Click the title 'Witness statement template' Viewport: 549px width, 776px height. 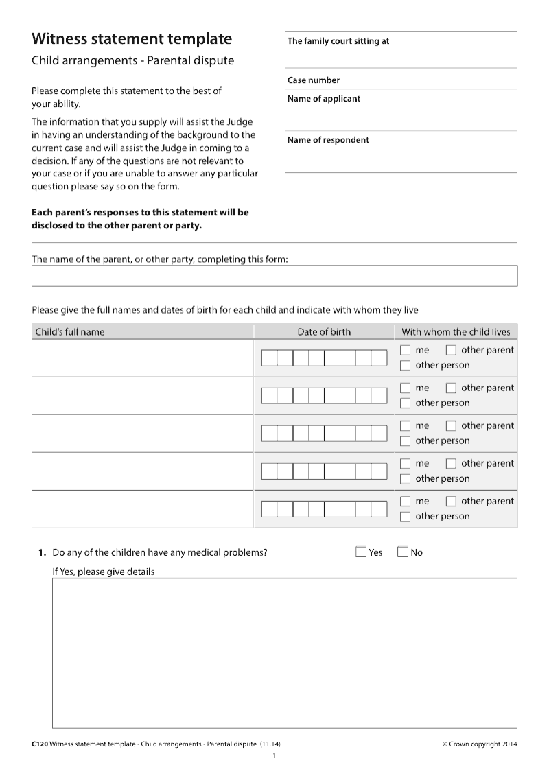pos(132,38)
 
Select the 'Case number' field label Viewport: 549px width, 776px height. pos(314,80)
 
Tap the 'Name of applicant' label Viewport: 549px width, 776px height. pos(324,99)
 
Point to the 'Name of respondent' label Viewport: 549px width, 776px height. pos(328,140)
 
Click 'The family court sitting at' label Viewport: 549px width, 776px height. pos(338,41)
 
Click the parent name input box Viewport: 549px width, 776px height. pos(274,276)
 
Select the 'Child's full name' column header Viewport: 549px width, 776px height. pos(69,332)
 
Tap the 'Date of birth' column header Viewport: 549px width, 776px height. pos(324,332)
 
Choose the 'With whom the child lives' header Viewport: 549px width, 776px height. pos(456,332)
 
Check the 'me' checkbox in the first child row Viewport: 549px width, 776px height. pos(406,351)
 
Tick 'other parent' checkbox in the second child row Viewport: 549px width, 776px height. pos(451,388)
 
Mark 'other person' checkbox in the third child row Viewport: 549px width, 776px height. pos(406,441)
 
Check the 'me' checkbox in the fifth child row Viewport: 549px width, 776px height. pos(406,502)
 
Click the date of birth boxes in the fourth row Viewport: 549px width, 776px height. pos(324,471)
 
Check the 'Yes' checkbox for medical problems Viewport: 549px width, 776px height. pos(361,552)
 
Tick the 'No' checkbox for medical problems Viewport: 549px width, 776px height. pos(403,552)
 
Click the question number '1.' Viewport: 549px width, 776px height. pos(43,552)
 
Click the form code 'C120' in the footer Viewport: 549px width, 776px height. pos(40,744)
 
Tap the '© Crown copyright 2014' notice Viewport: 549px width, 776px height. pos(480,744)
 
